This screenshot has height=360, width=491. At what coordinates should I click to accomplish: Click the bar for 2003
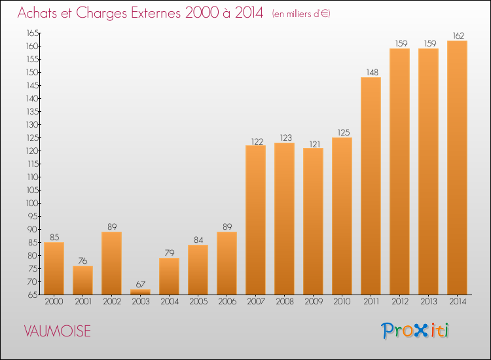tap(140, 292)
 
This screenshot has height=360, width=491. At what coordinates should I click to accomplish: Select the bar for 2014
tap(457, 168)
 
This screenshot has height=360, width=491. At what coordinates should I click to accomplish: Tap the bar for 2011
tap(371, 186)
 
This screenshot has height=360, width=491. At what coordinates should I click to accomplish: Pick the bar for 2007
tap(255, 220)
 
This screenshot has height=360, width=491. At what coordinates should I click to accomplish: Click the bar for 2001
tap(82, 280)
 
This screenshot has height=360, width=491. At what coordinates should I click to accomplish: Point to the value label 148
tap(373, 72)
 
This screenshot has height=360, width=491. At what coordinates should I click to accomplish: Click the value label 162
tap(458, 36)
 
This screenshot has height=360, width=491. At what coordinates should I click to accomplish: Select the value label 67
tap(141, 284)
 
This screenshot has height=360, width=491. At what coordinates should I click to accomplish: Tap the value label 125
tap(344, 132)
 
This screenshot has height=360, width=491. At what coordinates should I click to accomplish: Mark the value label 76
tap(82, 261)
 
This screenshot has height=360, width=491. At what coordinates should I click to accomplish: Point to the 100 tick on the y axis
tap(32, 203)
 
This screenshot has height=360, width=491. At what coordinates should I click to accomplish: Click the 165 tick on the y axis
tap(32, 33)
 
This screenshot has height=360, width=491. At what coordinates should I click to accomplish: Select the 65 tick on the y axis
tap(33, 295)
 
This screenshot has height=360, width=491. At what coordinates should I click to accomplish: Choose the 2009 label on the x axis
tap(314, 302)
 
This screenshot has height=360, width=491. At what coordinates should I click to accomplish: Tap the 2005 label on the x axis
tap(198, 302)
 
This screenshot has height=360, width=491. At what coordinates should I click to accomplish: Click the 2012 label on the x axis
tap(400, 302)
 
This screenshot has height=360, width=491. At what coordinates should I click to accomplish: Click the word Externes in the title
tap(156, 13)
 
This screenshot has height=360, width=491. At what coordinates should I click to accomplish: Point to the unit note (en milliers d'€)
tap(301, 14)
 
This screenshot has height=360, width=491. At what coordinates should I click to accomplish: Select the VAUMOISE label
tap(58, 331)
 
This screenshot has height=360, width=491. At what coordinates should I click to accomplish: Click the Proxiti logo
tap(415, 331)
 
